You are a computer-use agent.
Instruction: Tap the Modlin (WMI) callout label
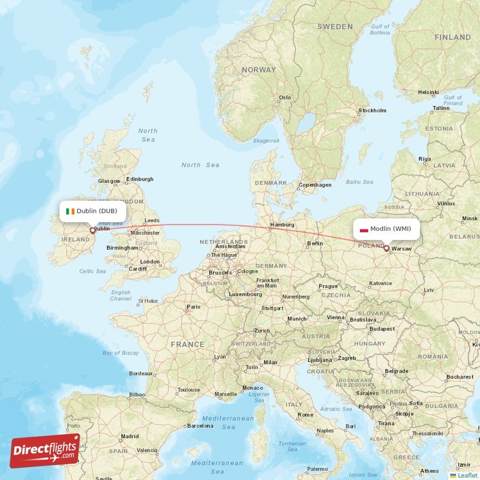pyautogui.click(x=386, y=229)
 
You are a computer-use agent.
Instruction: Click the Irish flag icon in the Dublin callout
pyautogui.click(x=71, y=211)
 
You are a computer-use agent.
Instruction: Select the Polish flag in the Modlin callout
pyautogui.click(x=364, y=229)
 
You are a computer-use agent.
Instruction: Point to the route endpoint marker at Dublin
pyautogui.click(x=92, y=230)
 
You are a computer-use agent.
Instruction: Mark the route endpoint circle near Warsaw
pyautogui.click(x=386, y=248)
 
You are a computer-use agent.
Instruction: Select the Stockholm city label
pyautogui.click(x=372, y=110)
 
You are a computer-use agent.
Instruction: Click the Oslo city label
pyautogui.click(x=284, y=97)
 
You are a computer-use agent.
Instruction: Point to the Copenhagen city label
pyautogui.click(x=315, y=185)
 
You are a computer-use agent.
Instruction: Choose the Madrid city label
pyautogui.click(x=130, y=436)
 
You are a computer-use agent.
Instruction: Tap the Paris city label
pyautogui.click(x=193, y=307)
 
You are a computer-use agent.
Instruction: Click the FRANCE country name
pyautogui.click(x=187, y=344)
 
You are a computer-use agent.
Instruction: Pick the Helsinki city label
pyautogui.click(x=428, y=92)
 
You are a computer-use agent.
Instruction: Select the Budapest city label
pyautogui.click(x=382, y=329)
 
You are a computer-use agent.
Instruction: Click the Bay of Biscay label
pyautogui.click(x=121, y=353)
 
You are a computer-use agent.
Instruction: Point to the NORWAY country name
pyautogui.click(x=259, y=70)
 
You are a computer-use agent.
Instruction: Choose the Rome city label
pyautogui.click(x=305, y=415)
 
